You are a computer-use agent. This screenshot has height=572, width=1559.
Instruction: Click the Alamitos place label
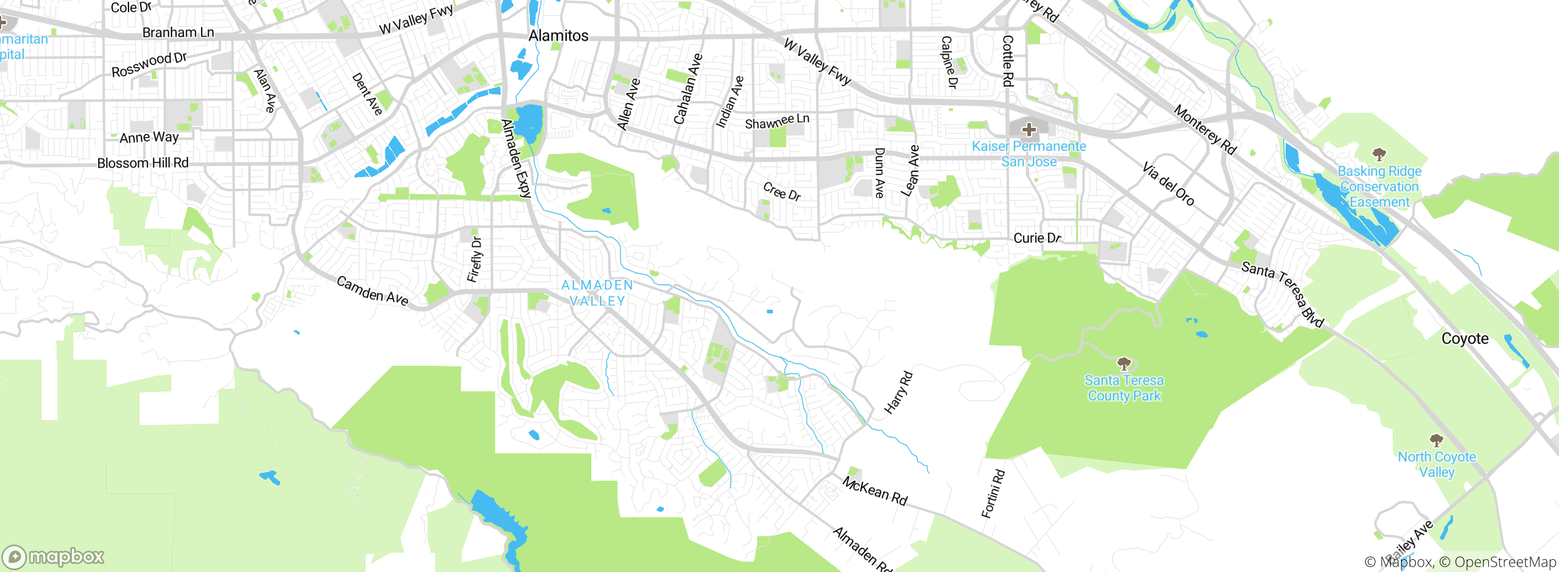[x=558, y=36]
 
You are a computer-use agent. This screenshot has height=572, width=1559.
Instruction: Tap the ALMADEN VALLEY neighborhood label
[x=597, y=293]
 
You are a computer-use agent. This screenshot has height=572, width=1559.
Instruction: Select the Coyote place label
[x=1465, y=339]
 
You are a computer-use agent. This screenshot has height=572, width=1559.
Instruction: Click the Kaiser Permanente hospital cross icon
[x=1029, y=130]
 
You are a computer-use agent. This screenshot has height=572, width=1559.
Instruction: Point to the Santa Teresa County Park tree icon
[x=1124, y=364]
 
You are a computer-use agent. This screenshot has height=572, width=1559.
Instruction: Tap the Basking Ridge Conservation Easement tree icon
[x=1379, y=155]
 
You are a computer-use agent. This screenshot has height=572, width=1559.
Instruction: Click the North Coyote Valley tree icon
[x=1437, y=440]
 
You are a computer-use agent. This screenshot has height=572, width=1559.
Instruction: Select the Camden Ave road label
[x=372, y=291]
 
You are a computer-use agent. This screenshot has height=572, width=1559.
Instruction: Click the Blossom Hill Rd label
[x=143, y=163]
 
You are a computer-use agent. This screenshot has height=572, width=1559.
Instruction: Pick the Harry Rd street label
[x=899, y=393]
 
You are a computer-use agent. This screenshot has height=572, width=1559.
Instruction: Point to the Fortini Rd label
[x=993, y=494]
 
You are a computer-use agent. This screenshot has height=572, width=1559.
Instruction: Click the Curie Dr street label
[x=1037, y=238]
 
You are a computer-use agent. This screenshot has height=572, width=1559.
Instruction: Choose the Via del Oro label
[x=1168, y=184]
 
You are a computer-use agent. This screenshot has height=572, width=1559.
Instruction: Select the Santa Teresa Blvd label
[x=1283, y=293]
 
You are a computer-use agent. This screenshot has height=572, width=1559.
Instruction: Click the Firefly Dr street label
[x=475, y=260]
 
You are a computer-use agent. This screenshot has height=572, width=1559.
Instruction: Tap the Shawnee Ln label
[x=777, y=121]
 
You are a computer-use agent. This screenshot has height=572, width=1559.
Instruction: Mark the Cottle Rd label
[x=1008, y=61]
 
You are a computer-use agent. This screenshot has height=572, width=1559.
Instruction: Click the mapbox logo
[x=54, y=557]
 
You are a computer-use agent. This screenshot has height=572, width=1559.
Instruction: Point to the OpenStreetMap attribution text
[x=1505, y=562]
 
